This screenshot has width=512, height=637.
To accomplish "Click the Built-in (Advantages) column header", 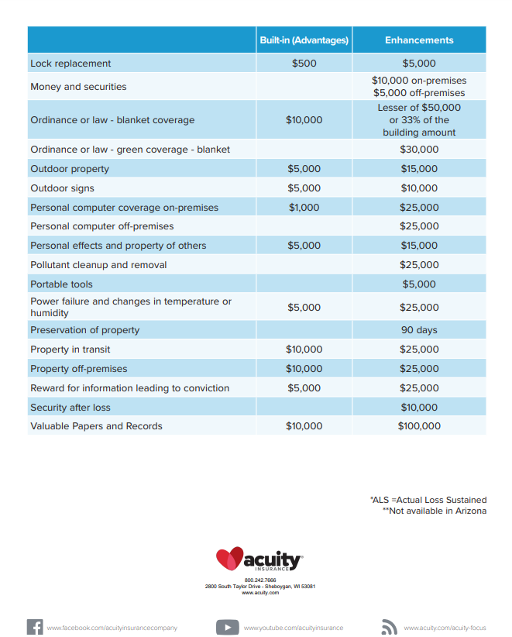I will click(x=304, y=40).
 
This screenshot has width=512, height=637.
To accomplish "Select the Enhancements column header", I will click(x=419, y=40).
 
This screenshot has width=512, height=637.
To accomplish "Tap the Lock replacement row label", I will click(x=70, y=64).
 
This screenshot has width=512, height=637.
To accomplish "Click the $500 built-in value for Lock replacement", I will click(x=304, y=64).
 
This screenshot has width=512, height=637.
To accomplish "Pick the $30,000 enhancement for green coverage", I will click(x=419, y=150).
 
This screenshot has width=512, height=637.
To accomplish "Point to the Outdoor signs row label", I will click(x=62, y=188).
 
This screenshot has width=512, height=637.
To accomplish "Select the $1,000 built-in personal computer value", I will click(x=304, y=208).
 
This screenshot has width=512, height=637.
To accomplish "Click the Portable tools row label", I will click(x=61, y=284).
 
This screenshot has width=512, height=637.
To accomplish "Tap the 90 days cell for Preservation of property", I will click(x=419, y=330).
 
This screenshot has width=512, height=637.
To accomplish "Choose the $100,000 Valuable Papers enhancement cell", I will click(x=419, y=426).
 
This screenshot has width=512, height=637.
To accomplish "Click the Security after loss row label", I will click(x=70, y=408).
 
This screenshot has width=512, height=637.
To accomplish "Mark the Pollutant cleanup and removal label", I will click(x=98, y=265).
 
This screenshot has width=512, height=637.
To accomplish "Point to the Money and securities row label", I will click(x=78, y=87).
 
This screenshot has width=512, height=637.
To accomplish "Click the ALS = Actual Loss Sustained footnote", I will click(x=428, y=500).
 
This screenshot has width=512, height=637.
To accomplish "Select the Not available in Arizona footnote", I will click(x=435, y=511).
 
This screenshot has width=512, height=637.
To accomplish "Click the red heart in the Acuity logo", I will click(x=229, y=558).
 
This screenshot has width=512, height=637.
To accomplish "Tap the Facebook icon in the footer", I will click(x=35, y=627).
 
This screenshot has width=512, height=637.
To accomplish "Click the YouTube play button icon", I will click(x=227, y=627).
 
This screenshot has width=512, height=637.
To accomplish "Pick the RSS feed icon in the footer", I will click(x=389, y=627).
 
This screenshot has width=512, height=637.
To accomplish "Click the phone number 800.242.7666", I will click(x=260, y=580).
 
